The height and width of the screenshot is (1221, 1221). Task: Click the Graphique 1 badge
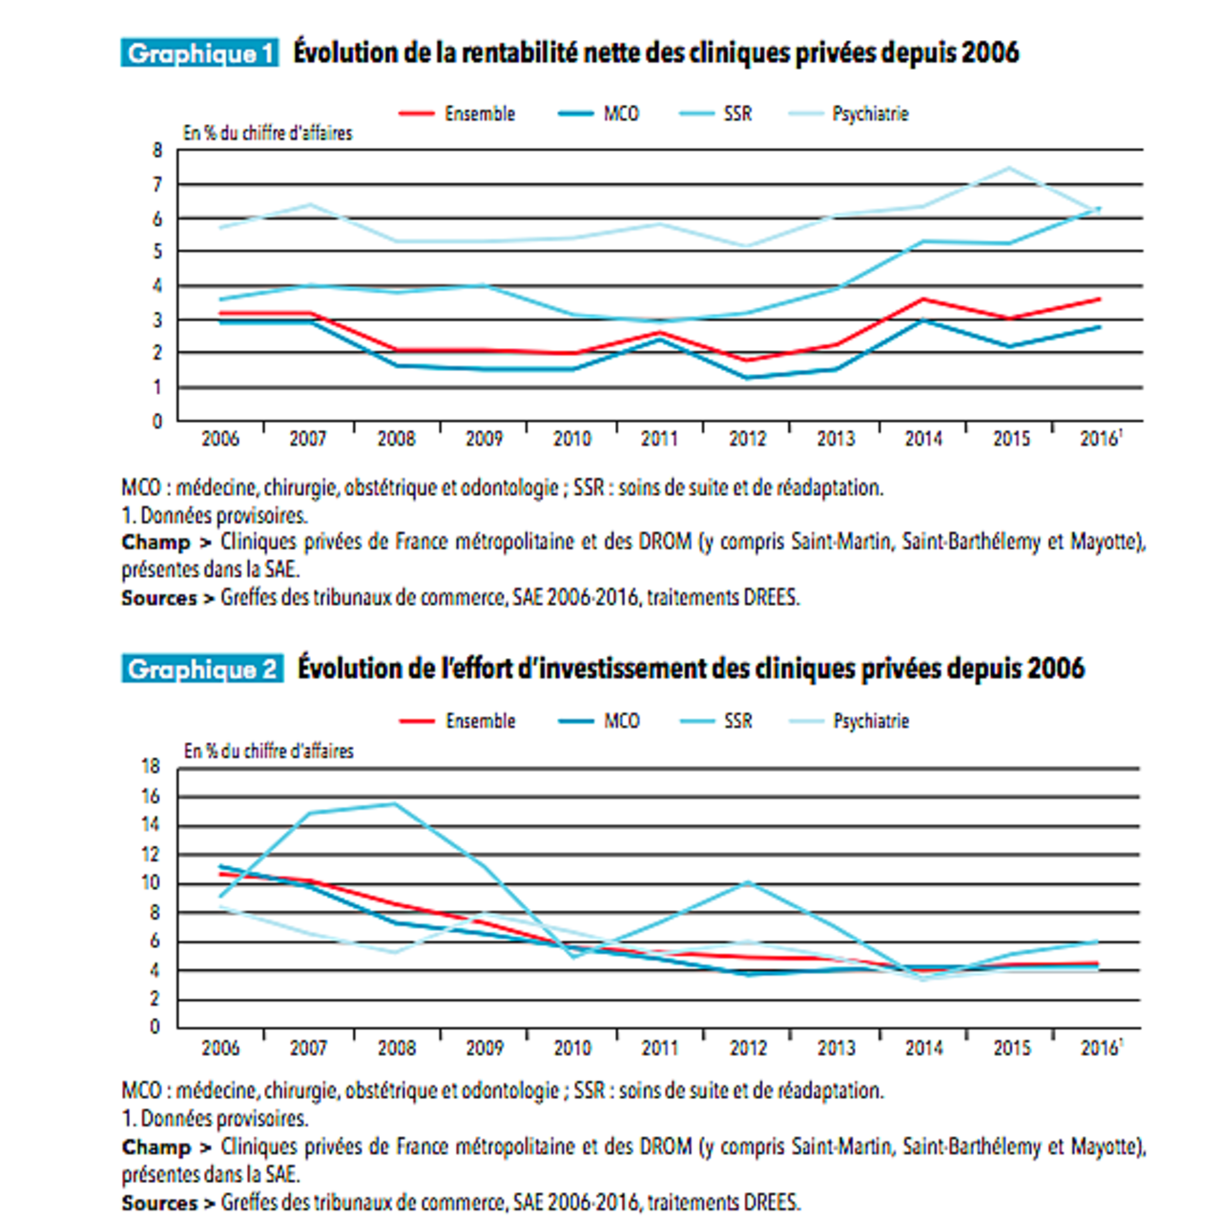(199, 53)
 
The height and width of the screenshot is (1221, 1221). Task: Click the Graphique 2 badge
(202, 670)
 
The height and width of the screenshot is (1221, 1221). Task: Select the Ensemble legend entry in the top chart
(479, 114)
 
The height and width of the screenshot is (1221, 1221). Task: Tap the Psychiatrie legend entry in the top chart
(869, 114)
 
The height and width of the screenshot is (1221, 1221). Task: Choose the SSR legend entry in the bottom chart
(737, 721)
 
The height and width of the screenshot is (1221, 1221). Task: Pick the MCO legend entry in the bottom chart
(621, 721)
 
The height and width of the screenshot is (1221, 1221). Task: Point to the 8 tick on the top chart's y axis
(157, 150)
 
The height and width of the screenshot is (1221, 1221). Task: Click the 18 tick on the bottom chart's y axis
(151, 766)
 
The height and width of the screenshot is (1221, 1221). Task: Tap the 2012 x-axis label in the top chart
(747, 439)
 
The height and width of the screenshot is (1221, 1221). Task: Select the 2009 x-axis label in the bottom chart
(485, 1048)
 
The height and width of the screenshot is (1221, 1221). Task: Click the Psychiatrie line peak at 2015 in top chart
(1009, 169)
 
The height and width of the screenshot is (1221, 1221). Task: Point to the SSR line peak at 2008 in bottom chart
(395, 803)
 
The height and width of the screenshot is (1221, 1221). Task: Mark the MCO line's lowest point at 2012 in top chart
(747, 378)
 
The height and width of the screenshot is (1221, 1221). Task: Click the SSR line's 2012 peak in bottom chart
(749, 882)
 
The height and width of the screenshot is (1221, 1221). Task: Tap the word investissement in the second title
(632, 669)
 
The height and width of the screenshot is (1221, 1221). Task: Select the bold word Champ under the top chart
(155, 543)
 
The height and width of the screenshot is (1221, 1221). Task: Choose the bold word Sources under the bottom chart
(158, 1203)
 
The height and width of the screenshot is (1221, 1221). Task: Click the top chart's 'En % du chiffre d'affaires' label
(267, 134)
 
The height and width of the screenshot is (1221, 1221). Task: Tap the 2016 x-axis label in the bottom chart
(1099, 1048)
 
